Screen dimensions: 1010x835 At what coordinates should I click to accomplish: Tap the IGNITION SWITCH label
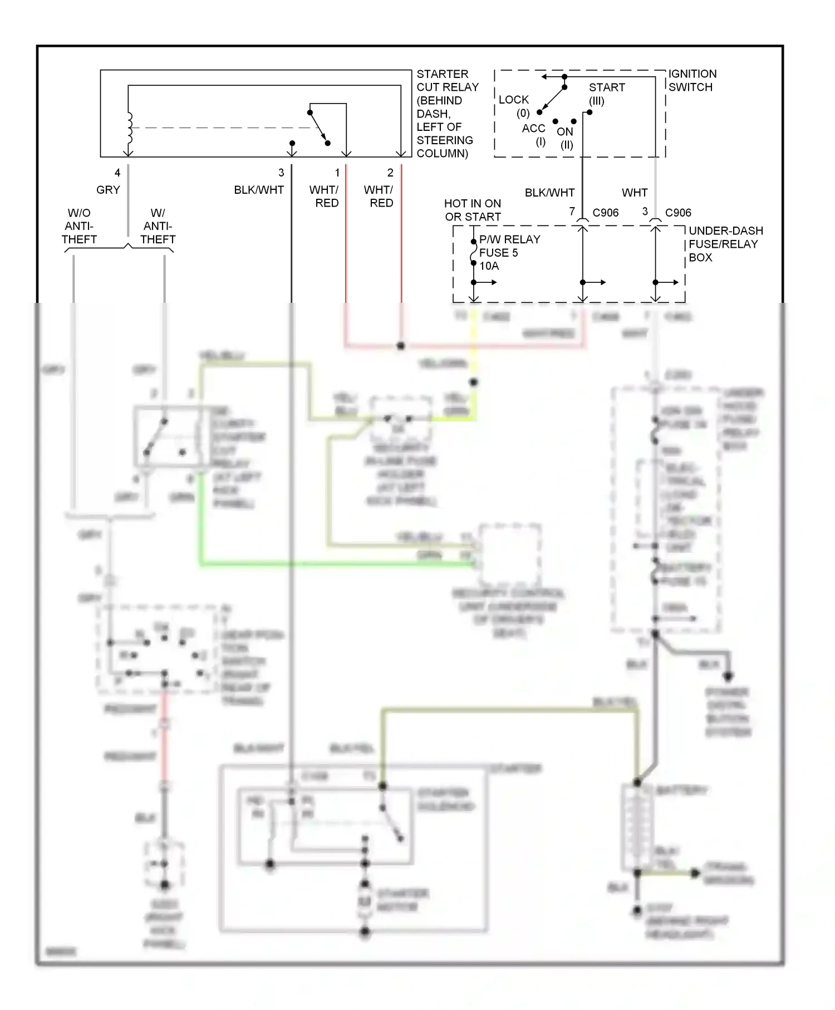692,80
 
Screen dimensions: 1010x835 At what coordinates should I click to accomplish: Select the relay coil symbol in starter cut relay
130,129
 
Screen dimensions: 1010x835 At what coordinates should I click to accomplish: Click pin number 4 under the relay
117,173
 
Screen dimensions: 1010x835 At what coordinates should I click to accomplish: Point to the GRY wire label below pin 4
108,190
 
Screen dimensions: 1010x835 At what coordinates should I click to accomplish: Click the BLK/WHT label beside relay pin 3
259,190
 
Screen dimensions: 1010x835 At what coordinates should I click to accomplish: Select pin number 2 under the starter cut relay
390,173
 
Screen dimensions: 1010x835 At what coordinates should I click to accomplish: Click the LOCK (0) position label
514,106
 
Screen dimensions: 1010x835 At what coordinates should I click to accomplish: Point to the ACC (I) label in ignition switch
533,135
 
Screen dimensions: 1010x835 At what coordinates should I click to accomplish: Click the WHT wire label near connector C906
635,193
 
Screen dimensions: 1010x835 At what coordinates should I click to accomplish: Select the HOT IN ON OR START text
473,210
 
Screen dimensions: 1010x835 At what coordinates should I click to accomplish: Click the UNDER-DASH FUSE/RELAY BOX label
725,244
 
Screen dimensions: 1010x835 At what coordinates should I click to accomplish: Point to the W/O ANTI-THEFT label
79,226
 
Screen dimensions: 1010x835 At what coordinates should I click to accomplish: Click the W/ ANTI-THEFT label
158,226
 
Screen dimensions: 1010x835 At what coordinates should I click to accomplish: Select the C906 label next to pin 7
606,213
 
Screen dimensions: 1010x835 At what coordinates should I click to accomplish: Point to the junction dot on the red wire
401,346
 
